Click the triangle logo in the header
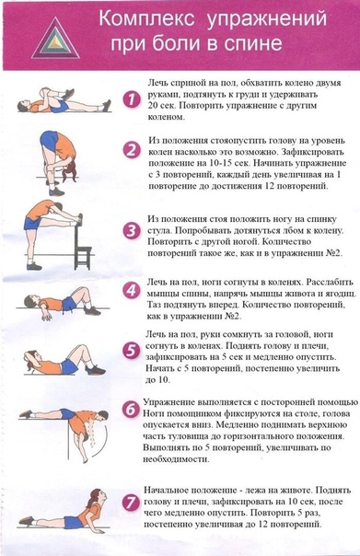pos(55,39)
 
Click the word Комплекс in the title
pos(146,19)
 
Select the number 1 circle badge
pos(131,99)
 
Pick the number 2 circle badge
pos(132,150)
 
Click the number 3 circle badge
pos(132,230)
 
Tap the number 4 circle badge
pos(131,290)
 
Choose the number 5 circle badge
pos(131,351)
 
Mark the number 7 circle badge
pos(131,503)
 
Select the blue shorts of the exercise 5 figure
pos(69,365)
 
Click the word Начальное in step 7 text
pos(166,491)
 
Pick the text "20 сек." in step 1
pos(161,106)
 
